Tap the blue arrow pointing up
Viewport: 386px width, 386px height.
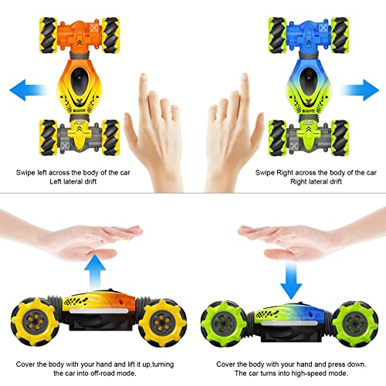(x=96, y=271)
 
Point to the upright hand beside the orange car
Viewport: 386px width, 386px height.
(x=158, y=124)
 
